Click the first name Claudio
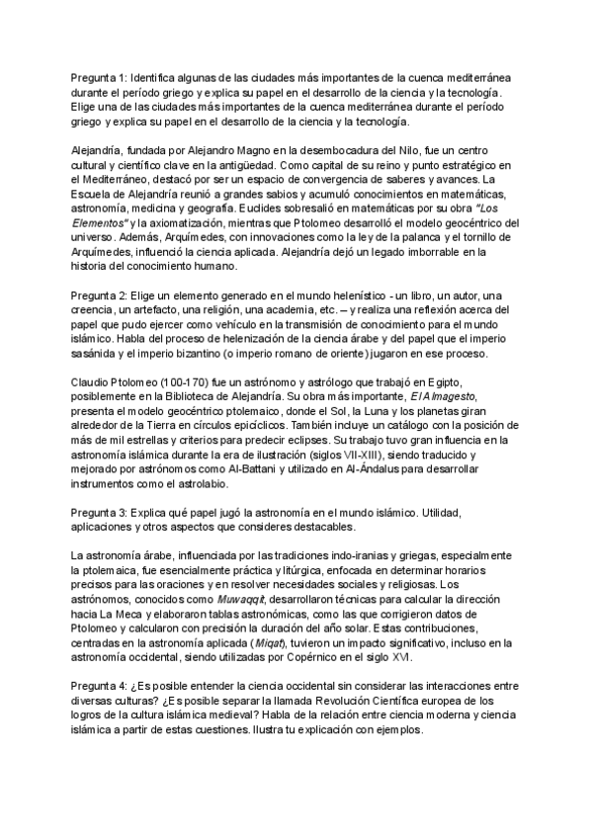pyautogui.click(x=92, y=383)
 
